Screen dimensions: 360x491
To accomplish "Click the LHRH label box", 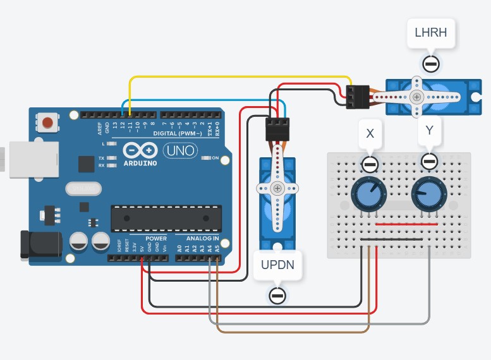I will [x=431, y=33].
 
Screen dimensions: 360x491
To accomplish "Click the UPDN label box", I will [x=277, y=265].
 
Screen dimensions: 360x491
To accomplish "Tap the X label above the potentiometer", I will [x=370, y=134].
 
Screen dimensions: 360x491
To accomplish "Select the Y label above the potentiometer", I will [x=430, y=131].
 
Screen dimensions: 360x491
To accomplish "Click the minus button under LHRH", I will [x=431, y=64].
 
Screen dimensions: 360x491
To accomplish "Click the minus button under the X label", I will [x=370, y=165].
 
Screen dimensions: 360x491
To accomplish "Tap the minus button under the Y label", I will [x=430, y=161].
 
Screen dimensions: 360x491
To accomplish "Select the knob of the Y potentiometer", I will [x=428, y=194].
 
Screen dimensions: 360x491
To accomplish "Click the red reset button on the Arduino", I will [x=46, y=122].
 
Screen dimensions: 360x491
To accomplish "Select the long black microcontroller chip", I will [x=166, y=218].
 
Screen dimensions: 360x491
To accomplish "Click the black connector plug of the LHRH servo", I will [x=358, y=97].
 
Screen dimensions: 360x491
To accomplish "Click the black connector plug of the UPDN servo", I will [x=277, y=129].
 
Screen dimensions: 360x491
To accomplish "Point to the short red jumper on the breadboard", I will [x=406, y=224].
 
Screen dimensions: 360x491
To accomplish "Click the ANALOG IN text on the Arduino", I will [x=203, y=239].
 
